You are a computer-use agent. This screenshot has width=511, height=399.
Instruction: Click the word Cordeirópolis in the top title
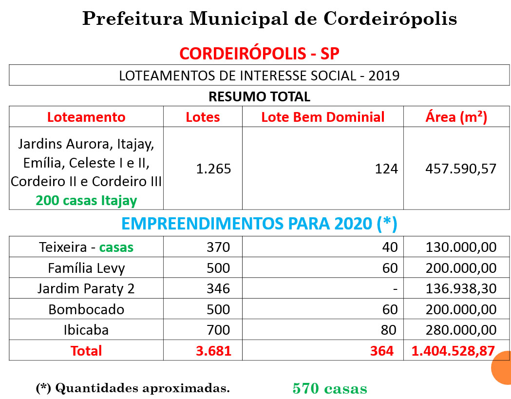tap(390, 19)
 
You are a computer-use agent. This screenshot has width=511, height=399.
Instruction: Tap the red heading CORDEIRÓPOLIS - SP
tap(260, 54)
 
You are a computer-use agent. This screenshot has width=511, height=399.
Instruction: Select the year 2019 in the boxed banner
tap(384, 76)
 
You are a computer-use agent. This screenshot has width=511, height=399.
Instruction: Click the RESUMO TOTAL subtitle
tap(260, 96)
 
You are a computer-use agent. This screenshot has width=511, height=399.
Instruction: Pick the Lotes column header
tap(203, 117)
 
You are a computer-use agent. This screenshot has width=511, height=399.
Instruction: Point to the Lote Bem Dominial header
tap(323, 117)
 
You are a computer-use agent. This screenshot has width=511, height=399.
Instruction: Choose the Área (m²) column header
tap(456, 117)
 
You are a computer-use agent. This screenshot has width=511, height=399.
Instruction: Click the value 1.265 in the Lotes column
tap(213, 169)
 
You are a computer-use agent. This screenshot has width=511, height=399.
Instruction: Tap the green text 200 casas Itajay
tap(86, 201)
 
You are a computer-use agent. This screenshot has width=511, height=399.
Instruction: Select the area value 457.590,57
tap(461, 169)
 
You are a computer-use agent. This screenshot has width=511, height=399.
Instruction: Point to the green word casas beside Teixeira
tap(116, 247)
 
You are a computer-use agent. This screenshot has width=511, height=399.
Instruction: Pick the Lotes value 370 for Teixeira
tap(218, 247)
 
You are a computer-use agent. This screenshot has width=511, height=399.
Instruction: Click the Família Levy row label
tap(86, 268)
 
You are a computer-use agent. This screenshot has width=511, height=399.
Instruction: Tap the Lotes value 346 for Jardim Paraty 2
tap(218, 288)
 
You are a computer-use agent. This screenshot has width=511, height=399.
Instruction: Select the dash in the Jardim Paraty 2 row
tap(395, 289)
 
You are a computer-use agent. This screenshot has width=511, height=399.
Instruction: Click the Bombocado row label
tap(86, 309)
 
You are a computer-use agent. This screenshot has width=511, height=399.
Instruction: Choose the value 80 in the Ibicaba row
tap(389, 330)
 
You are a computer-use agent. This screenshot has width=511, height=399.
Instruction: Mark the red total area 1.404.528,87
tap(454, 351)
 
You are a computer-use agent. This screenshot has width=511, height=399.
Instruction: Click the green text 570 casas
tap(330, 388)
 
